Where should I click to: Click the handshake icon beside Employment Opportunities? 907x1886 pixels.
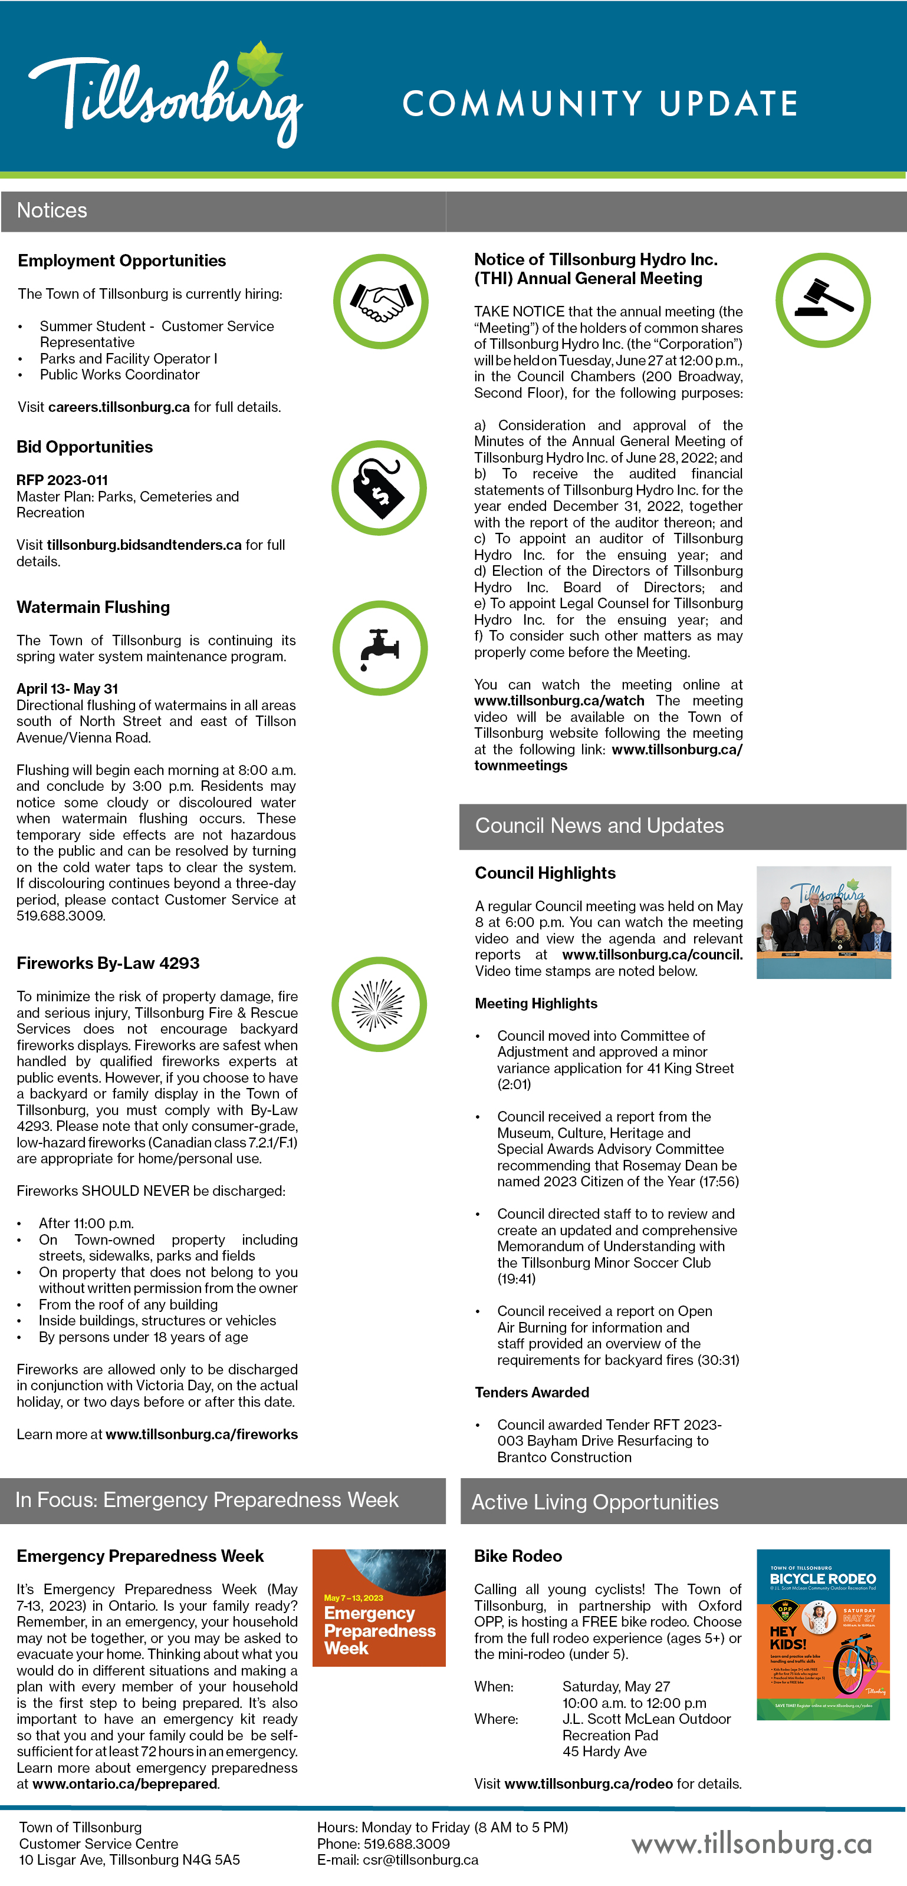pyautogui.click(x=380, y=301)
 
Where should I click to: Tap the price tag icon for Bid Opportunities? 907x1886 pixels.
pyautogui.click(x=379, y=487)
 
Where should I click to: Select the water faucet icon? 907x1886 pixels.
pyautogui.click(x=380, y=648)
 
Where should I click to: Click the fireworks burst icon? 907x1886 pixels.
pyautogui.click(x=379, y=1004)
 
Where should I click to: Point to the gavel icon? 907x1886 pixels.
pyautogui.click(x=823, y=300)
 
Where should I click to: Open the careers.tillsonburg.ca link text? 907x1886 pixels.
pyautogui.click(x=119, y=407)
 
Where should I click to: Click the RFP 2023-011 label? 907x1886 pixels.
pyautogui.click(x=63, y=480)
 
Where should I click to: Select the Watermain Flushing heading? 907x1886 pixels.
pyautogui.click(x=93, y=607)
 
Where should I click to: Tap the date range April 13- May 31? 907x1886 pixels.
pyautogui.click(x=67, y=689)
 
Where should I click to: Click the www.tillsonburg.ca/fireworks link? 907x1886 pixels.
pyautogui.click(x=202, y=1435)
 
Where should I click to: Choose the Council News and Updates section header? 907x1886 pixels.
pyautogui.click(x=599, y=826)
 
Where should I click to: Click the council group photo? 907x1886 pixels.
pyautogui.click(x=823, y=922)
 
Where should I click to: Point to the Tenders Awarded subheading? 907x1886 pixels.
pyautogui.click(x=532, y=1393)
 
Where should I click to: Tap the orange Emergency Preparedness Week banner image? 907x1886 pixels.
pyautogui.click(x=379, y=1608)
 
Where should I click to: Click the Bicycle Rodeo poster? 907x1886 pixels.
pyautogui.click(x=823, y=1634)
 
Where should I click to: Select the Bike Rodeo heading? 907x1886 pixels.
pyautogui.click(x=518, y=1557)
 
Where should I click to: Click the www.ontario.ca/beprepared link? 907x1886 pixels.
pyautogui.click(x=124, y=1784)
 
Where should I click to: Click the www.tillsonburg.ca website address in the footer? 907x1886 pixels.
pyautogui.click(x=752, y=1844)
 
